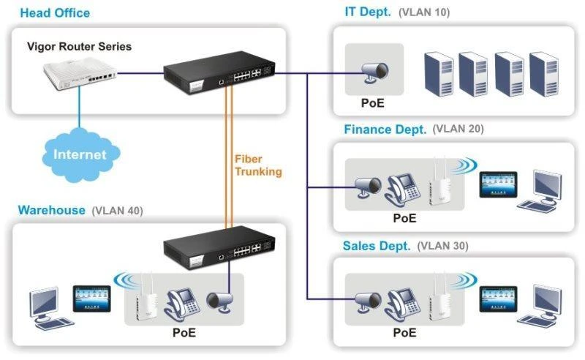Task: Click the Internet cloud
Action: tap(79, 154)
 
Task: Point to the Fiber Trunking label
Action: tap(257, 165)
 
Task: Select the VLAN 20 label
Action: tap(458, 130)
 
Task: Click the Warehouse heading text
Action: tap(51, 211)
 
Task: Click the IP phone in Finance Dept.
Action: tap(401, 188)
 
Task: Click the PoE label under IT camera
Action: tap(372, 102)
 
